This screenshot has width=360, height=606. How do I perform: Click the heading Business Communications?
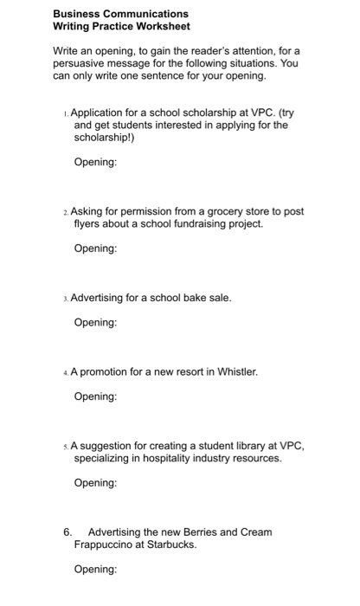(120, 14)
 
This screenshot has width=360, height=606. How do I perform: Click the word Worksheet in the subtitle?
(162, 26)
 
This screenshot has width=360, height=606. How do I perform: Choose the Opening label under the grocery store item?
(95, 248)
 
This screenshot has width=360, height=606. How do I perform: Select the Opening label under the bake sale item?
(95, 323)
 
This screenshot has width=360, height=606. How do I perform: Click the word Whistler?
(235, 372)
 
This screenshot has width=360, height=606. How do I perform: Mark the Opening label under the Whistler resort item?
(95, 396)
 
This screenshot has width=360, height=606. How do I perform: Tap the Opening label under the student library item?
(95, 483)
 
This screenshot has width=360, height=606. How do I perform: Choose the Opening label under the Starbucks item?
(95, 570)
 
